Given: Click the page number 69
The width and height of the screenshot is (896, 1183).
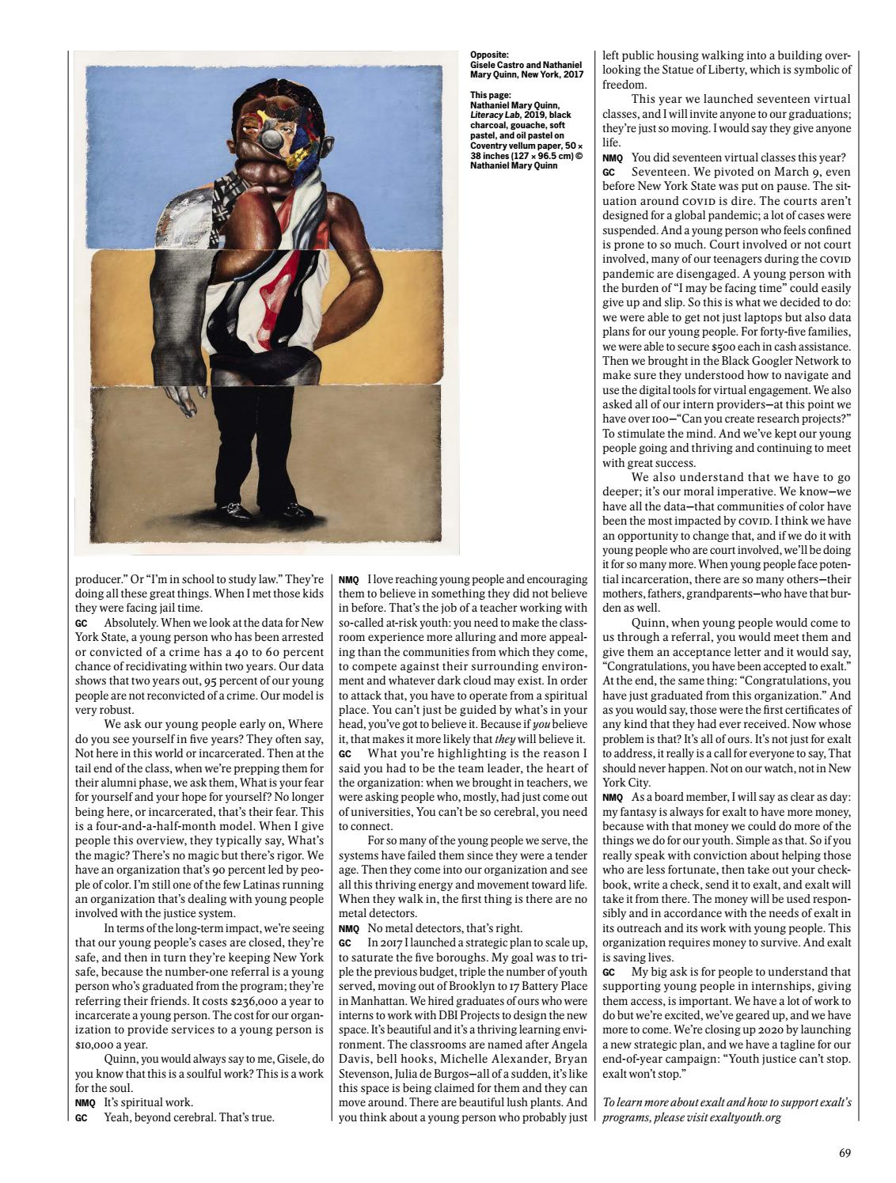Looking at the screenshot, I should click(845, 1153).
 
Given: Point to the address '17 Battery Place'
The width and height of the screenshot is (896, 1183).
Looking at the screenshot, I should click(544, 986).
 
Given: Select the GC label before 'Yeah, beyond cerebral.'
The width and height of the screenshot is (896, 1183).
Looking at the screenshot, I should click(81, 1118).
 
